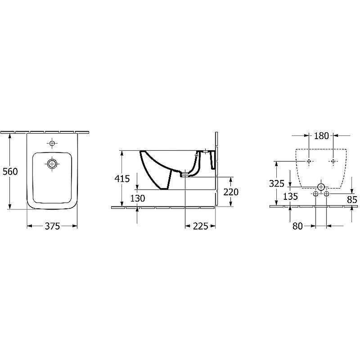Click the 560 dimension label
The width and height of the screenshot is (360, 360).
[10, 171]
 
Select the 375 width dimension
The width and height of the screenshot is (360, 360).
[52, 226]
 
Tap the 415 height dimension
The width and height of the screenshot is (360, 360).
[122, 179]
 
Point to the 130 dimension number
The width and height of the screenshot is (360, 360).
[138, 198]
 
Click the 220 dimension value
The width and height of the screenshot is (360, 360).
[231, 192]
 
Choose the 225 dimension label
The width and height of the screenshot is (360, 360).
[200, 226]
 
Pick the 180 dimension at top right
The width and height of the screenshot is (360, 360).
[321, 136]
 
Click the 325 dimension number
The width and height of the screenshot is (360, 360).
[277, 184]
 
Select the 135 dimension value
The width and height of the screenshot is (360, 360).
[290, 197]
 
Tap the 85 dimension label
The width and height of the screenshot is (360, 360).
[352, 200]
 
